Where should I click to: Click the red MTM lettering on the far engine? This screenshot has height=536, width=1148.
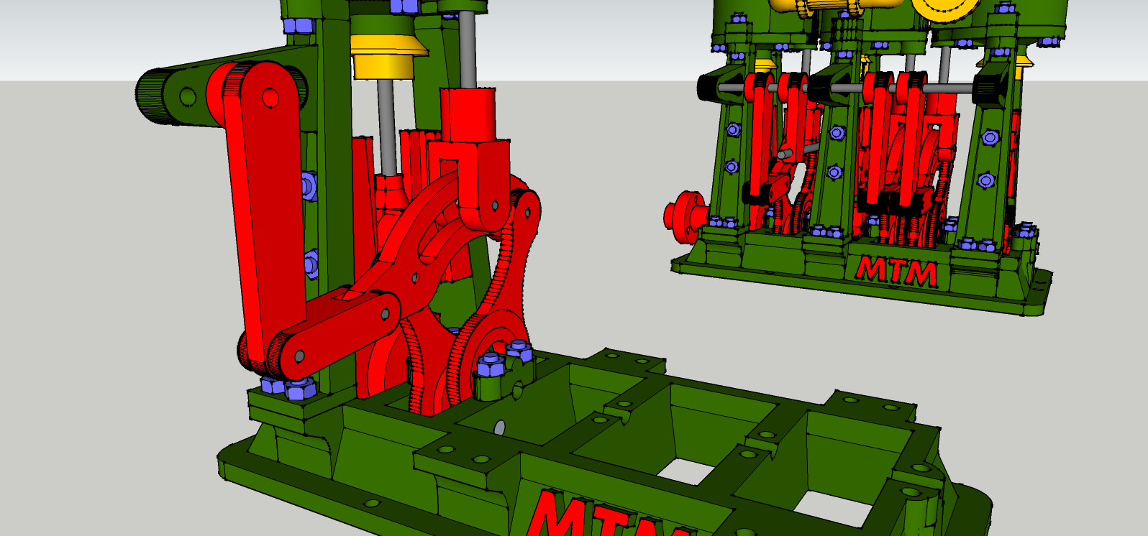pyautogui.click(x=897, y=271)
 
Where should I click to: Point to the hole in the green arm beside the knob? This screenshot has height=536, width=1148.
pyautogui.click(x=188, y=96)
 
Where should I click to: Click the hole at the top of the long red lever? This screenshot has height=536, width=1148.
pyautogui.click(x=270, y=97)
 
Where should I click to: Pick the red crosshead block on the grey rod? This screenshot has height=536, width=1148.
pyautogui.click(x=468, y=115)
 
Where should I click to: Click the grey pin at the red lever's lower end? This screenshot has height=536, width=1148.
pyautogui.click(x=299, y=356)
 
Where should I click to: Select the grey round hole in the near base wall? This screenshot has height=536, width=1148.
pyautogui.click(x=500, y=428)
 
